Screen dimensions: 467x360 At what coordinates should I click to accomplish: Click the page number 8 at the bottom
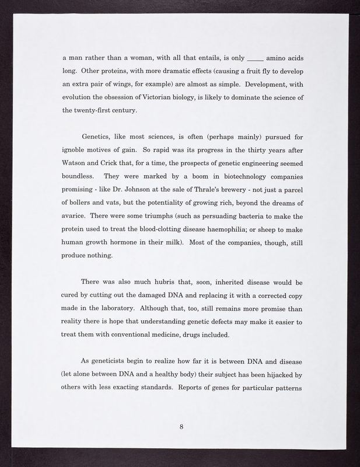[181, 427]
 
